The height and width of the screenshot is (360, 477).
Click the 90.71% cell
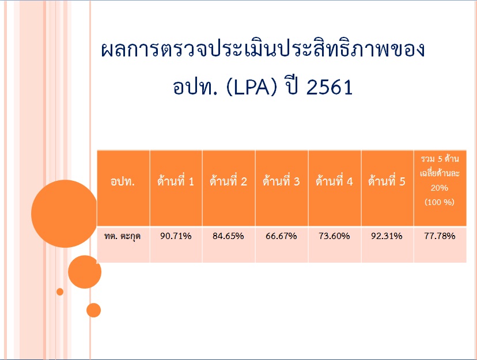click(176, 236)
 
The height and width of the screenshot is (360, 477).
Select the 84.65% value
click(228, 236)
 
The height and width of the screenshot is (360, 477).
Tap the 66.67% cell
click(281, 236)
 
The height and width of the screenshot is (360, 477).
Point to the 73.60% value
click(334, 236)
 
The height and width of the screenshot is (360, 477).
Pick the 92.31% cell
click(387, 236)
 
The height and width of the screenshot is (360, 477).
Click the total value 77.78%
click(440, 236)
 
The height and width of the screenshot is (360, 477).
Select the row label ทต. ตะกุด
click(122, 236)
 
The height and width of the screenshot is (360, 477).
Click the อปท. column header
click(123, 181)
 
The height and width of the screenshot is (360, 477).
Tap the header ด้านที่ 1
click(176, 181)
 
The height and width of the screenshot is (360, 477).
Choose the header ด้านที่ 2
click(228, 181)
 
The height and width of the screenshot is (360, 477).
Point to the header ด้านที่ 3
click(281, 181)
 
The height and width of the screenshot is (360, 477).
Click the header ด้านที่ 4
click(334, 181)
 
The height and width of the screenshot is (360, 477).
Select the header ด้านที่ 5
click(387, 181)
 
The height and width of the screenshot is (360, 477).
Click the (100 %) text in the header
click(440, 202)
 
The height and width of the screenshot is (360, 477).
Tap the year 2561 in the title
click(330, 87)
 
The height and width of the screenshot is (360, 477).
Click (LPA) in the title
click(252, 87)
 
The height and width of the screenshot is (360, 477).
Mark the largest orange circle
click(65, 214)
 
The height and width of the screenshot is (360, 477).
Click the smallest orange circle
click(60, 291)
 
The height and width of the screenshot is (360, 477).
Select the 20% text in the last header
click(440, 188)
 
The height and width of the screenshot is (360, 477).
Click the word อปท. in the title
click(195, 87)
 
